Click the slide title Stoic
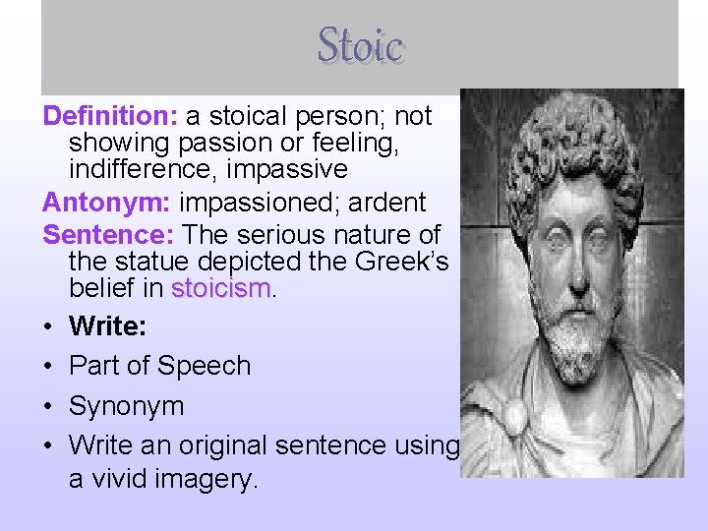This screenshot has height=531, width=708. [x=360, y=45]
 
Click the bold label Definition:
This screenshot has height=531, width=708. [x=109, y=116]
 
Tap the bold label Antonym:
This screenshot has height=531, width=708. [x=105, y=204]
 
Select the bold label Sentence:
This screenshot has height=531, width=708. [x=108, y=235]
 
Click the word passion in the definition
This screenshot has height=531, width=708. [x=212, y=144]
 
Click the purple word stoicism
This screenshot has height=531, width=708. [x=219, y=289]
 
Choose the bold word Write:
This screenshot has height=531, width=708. [x=107, y=324]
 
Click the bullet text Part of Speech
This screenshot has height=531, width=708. [x=159, y=365]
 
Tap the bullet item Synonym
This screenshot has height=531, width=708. [x=127, y=405]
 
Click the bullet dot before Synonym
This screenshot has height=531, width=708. [x=48, y=405]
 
